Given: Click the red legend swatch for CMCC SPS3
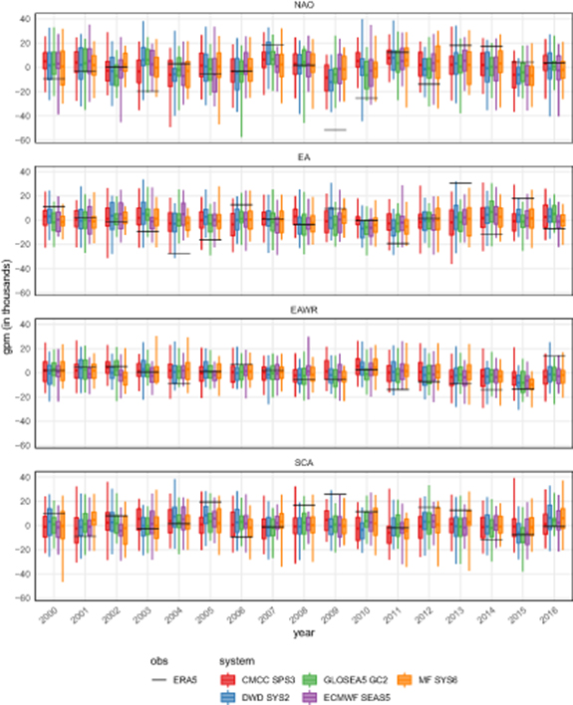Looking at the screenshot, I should coord(228,680).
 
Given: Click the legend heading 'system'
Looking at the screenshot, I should coord(236,660).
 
